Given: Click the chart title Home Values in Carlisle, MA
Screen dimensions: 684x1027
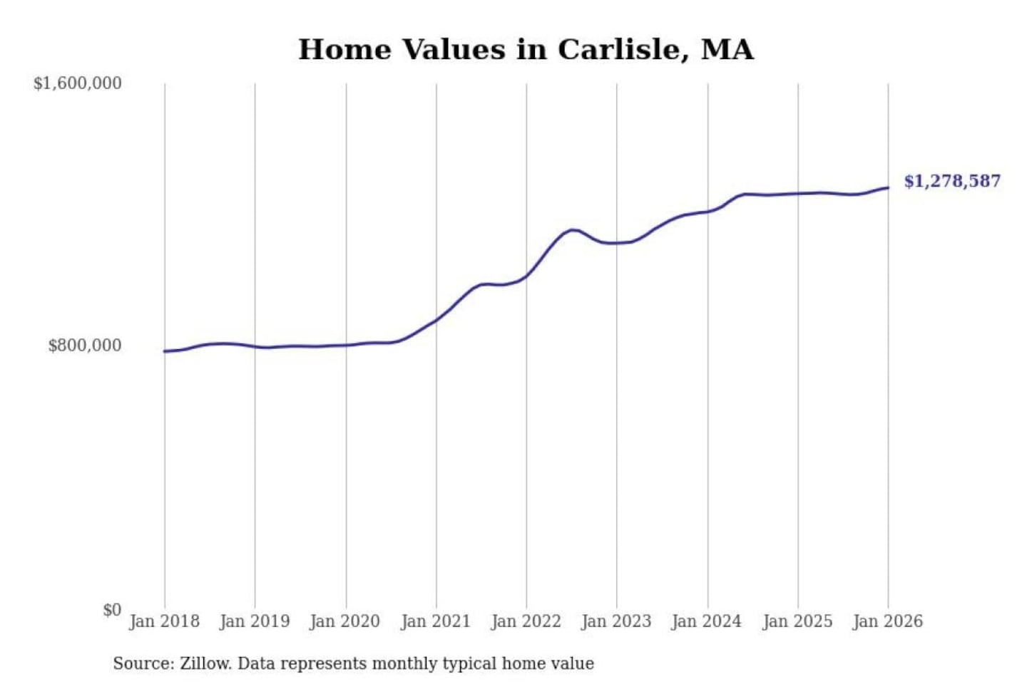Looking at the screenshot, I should pos(526,50).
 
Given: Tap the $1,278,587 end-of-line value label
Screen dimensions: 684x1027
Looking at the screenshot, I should pos(952,181).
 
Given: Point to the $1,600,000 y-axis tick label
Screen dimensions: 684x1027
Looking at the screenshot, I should pos(78,83).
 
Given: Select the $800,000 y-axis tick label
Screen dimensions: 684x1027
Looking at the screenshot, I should pos(85,346).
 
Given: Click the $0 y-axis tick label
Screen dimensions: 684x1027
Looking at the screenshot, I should pos(112,610).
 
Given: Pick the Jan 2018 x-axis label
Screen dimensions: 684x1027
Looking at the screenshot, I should pos(165,621).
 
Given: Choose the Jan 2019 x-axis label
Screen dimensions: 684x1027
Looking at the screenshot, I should pos(255,621).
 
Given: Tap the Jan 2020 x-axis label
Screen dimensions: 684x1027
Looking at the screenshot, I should pos(345,621).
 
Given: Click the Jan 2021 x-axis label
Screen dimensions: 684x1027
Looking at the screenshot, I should pos(436,621).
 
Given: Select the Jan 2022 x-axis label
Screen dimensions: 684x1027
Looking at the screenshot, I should pos(526,621).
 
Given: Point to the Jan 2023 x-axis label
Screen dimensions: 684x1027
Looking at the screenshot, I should pos(616,621).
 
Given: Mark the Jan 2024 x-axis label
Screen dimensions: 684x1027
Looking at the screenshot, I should pos(707,621).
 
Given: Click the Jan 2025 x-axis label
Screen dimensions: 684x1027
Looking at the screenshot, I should pos(797,621).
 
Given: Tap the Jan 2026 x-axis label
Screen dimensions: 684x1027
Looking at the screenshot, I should pos(888,621).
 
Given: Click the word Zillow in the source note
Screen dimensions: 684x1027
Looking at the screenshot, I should pos(205,664).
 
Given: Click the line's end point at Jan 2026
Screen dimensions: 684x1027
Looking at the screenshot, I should pos(888,188).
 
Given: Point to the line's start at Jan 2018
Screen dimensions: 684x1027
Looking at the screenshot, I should pos(165,351).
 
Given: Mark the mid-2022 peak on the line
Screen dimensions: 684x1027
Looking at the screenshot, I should pos(572,229).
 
